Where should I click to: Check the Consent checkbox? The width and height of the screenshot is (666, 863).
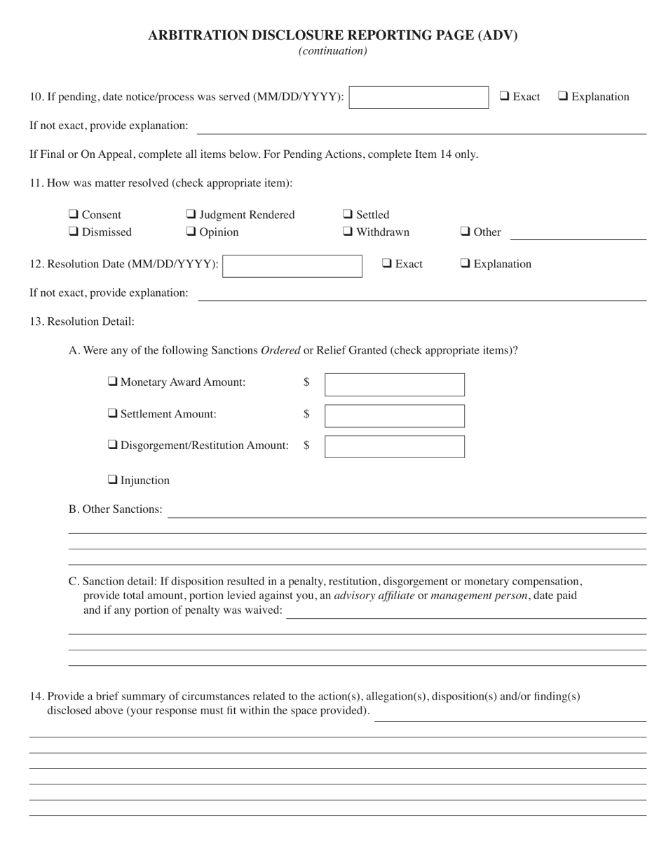(74, 215)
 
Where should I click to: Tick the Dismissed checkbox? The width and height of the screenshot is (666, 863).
(74, 232)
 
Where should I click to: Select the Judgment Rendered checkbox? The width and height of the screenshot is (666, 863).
(191, 215)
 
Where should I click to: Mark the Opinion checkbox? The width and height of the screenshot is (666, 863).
(191, 232)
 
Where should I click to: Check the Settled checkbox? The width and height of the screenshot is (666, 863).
(348, 215)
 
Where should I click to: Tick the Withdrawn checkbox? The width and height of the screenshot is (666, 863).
(348, 232)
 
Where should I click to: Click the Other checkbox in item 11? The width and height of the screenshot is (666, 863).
(465, 232)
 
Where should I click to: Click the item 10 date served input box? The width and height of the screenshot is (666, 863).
(419, 98)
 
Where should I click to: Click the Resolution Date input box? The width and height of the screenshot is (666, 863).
(292, 266)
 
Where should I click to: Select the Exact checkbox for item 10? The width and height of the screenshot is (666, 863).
(505, 97)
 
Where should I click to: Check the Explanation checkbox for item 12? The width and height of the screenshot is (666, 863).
(465, 264)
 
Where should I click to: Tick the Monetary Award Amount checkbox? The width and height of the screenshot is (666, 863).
(112, 382)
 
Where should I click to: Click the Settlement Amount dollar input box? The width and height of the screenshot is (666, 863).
(394, 415)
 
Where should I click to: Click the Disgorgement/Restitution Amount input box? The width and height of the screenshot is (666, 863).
(394, 446)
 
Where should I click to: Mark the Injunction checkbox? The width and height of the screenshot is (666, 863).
(112, 480)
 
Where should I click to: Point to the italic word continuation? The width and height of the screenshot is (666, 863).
(333, 51)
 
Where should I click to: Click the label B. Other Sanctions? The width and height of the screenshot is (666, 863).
(115, 509)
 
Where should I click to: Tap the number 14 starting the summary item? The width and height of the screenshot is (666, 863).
(36, 697)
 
